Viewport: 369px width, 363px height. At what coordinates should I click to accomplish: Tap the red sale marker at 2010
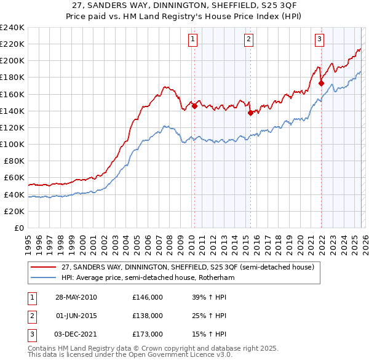click(194, 106)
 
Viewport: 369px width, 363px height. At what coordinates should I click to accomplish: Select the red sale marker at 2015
click(250, 113)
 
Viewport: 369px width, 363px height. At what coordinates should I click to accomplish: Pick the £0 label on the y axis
click(18, 228)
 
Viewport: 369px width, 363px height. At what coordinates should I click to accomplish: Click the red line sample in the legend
click(44, 267)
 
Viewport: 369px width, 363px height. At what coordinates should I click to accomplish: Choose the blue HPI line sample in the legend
click(44, 277)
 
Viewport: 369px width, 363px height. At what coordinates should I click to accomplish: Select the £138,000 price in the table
click(148, 316)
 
